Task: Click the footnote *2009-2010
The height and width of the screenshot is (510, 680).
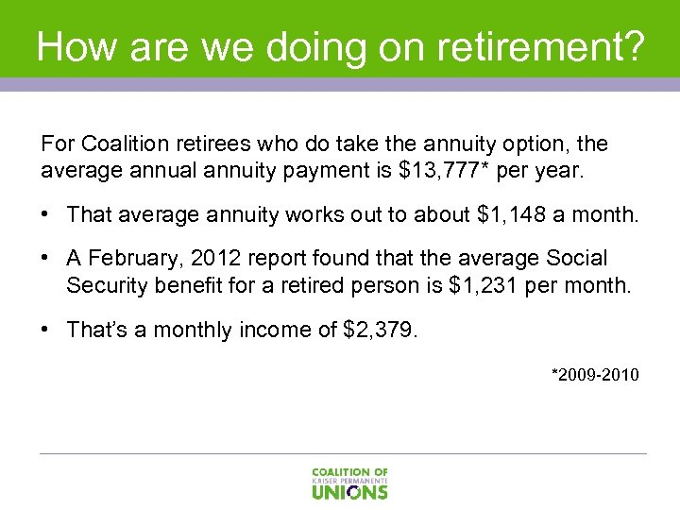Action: [595, 375]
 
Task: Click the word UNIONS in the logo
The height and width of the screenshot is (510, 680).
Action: [349, 491]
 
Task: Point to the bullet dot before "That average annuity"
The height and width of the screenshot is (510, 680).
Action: [46, 215]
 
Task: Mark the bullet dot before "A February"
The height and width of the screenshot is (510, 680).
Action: [46, 259]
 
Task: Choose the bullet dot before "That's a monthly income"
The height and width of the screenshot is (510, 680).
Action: [46, 330]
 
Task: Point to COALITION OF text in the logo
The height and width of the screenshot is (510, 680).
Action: [349, 471]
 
